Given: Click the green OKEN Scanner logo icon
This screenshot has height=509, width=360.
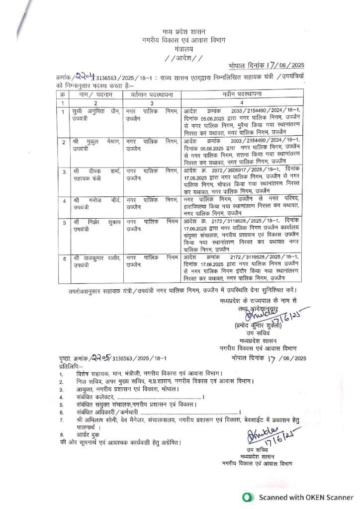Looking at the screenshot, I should tap(247, 497).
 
